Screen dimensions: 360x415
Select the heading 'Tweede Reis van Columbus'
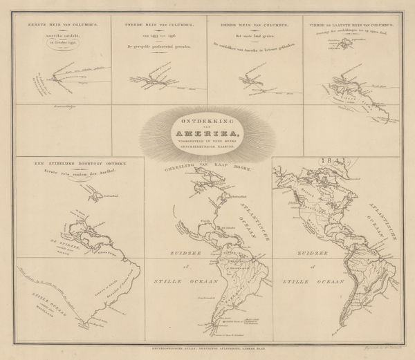(x=159, y=23)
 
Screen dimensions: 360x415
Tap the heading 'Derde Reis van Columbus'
(x=255, y=23)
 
